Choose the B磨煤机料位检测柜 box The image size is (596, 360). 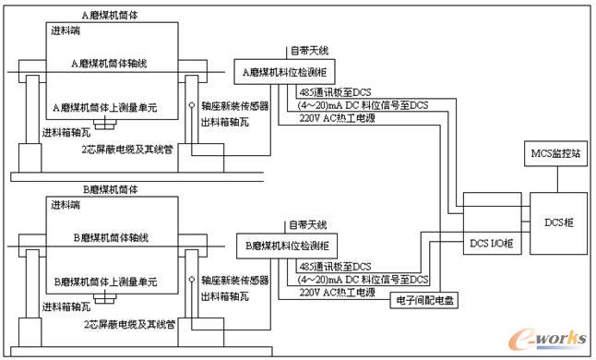click(287, 246)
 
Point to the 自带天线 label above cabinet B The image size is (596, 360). click(307, 224)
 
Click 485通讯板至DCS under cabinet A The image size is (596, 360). click(335, 93)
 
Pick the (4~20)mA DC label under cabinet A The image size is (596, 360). click(364, 104)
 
